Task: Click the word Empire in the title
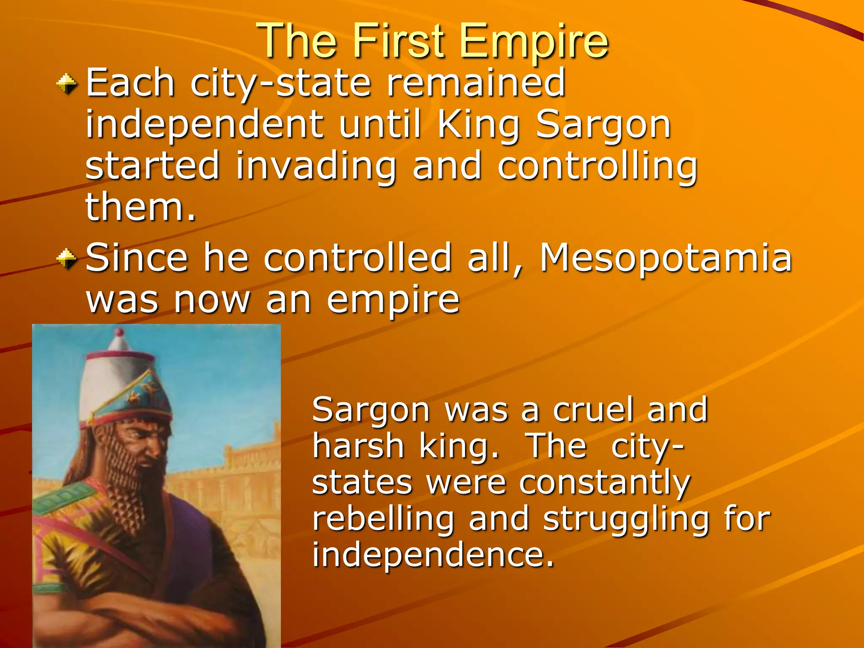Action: click(x=534, y=41)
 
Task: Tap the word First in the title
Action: click(x=399, y=41)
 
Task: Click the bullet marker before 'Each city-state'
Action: click(x=67, y=83)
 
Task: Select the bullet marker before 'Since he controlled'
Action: click(x=67, y=258)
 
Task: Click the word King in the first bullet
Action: click(x=478, y=125)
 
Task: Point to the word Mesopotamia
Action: click(x=666, y=258)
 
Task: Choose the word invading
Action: click(x=316, y=167)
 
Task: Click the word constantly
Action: click(x=604, y=482)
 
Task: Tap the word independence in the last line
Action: click(x=433, y=555)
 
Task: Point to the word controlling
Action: click(x=597, y=167)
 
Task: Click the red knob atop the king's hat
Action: click(x=119, y=332)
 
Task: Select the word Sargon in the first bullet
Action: click(x=603, y=125)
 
